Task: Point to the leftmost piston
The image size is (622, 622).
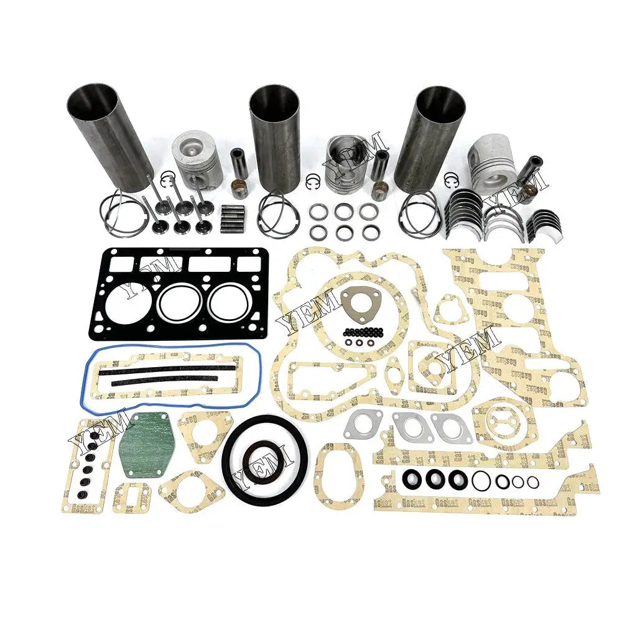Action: click(194, 160)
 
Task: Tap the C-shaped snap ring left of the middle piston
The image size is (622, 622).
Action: click(313, 182)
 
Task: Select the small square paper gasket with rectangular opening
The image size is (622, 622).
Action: click(131, 498)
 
